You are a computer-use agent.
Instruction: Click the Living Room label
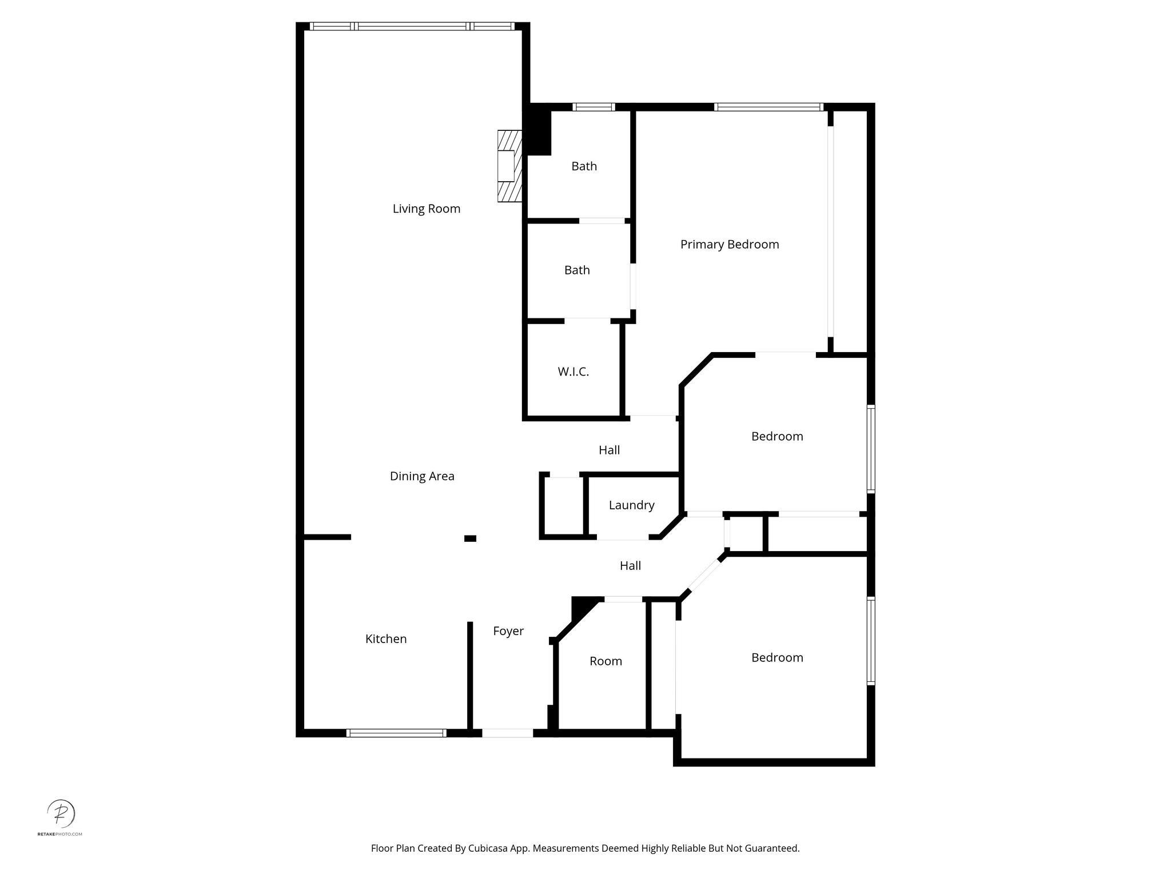coord(426,209)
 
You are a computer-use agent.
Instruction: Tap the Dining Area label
coord(422,476)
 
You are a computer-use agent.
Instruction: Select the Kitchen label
coord(386,639)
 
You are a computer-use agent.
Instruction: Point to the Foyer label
coord(508,631)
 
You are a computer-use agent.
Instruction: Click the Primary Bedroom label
coord(730,245)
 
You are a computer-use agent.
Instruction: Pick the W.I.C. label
coord(573,372)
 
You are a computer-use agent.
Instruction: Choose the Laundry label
coord(631,505)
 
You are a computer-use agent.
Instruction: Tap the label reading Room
coord(606,661)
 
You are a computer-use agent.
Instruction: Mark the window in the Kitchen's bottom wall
coord(396,733)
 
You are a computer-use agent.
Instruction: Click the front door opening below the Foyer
coord(508,733)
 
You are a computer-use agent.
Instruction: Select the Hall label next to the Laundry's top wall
coord(609,450)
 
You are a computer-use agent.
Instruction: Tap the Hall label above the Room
coord(630,566)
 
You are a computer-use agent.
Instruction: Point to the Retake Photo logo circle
coord(61,813)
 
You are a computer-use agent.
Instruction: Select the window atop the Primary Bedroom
coord(768,107)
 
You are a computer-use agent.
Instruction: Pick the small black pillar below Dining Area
coord(470,538)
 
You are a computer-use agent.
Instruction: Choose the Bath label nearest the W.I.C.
coord(577,270)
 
